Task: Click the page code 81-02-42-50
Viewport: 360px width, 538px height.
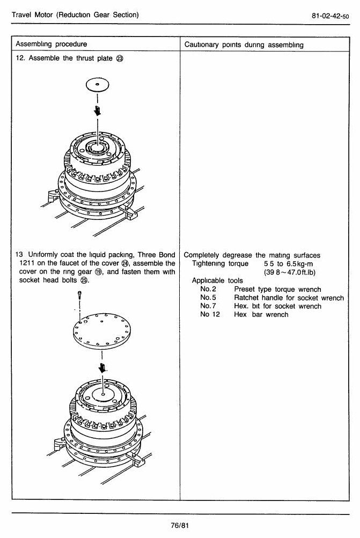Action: [x=330, y=16]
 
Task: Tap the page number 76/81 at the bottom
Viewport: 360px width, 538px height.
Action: [x=180, y=525]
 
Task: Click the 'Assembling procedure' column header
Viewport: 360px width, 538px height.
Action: [x=52, y=44]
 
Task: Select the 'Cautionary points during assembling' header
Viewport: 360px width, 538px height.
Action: [x=244, y=45]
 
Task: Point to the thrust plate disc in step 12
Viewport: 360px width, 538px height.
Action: [x=98, y=84]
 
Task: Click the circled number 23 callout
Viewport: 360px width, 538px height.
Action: [x=120, y=58]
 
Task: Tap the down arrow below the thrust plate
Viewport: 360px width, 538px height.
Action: [x=98, y=110]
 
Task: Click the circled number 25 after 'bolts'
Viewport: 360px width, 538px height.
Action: [x=84, y=281]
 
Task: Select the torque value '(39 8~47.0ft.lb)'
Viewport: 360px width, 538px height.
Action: [x=290, y=272]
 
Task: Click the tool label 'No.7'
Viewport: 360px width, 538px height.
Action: [x=208, y=306]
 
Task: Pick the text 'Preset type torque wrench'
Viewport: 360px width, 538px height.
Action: [x=277, y=289]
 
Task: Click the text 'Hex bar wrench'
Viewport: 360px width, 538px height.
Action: [x=261, y=315]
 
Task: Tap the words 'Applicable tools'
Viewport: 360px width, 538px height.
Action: [x=217, y=281]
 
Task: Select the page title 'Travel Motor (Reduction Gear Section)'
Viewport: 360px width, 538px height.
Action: [x=75, y=15]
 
